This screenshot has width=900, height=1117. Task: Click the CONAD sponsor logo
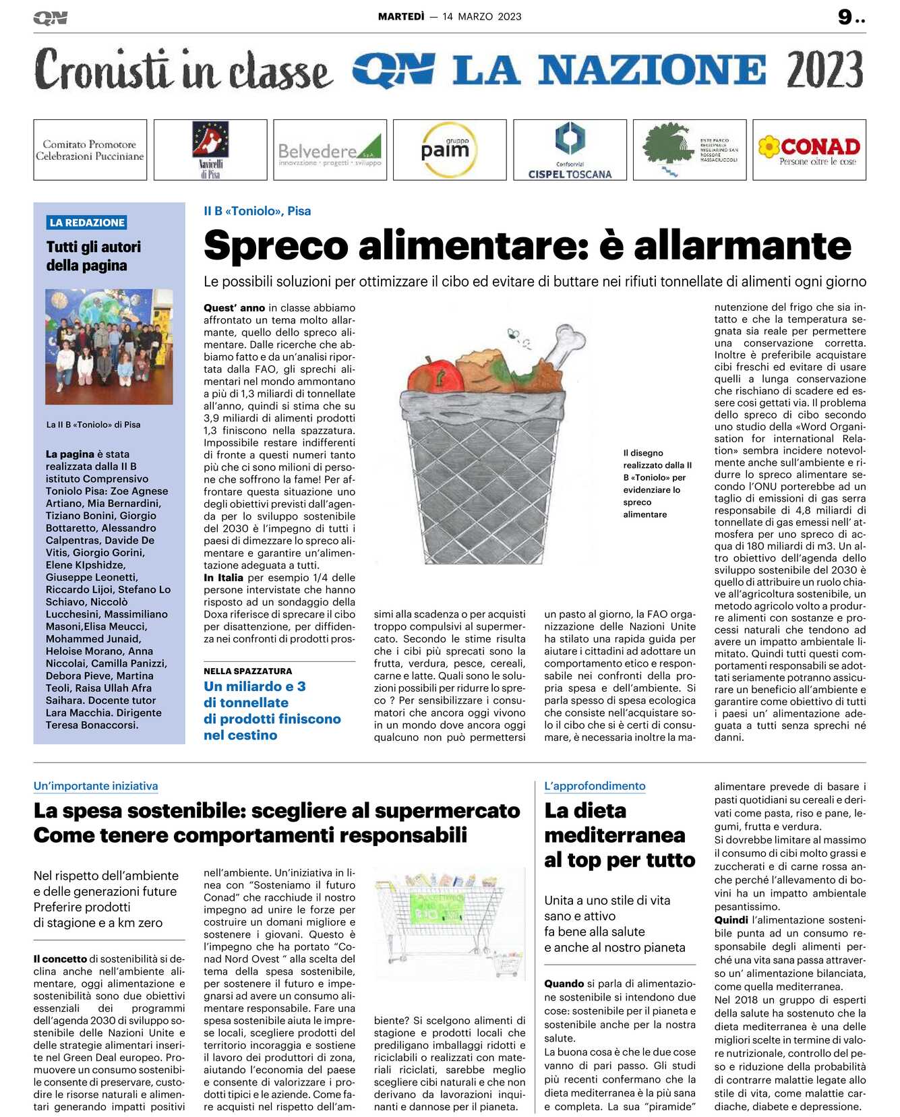[809, 150]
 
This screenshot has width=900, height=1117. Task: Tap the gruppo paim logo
[449, 150]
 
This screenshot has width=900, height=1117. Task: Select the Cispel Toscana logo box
[570, 150]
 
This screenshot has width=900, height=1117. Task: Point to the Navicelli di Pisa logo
[210, 150]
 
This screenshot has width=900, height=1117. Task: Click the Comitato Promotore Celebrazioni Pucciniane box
[90, 150]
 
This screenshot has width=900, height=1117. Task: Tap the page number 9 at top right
[845, 17]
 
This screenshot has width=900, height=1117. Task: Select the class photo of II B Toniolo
[109, 346]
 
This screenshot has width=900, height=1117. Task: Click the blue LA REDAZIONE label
[87, 222]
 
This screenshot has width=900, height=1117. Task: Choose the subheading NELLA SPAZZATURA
[247, 671]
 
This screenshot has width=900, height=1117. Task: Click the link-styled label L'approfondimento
[595, 786]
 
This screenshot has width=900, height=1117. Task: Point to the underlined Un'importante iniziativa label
[96, 786]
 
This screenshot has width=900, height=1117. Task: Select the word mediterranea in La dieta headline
[614, 835]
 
